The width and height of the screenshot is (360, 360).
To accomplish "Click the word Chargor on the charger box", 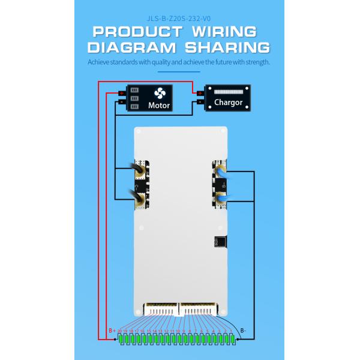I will [x=228, y=103].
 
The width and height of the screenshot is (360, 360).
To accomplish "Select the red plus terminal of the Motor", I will [x=122, y=92].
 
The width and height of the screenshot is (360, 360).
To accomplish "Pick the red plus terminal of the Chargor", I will [x=200, y=92].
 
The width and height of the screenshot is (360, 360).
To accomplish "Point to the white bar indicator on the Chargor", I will [x=229, y=92].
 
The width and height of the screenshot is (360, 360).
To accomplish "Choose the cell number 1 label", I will [x=231, y=331].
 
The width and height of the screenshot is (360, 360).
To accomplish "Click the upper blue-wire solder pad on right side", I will [x=219, y=172].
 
